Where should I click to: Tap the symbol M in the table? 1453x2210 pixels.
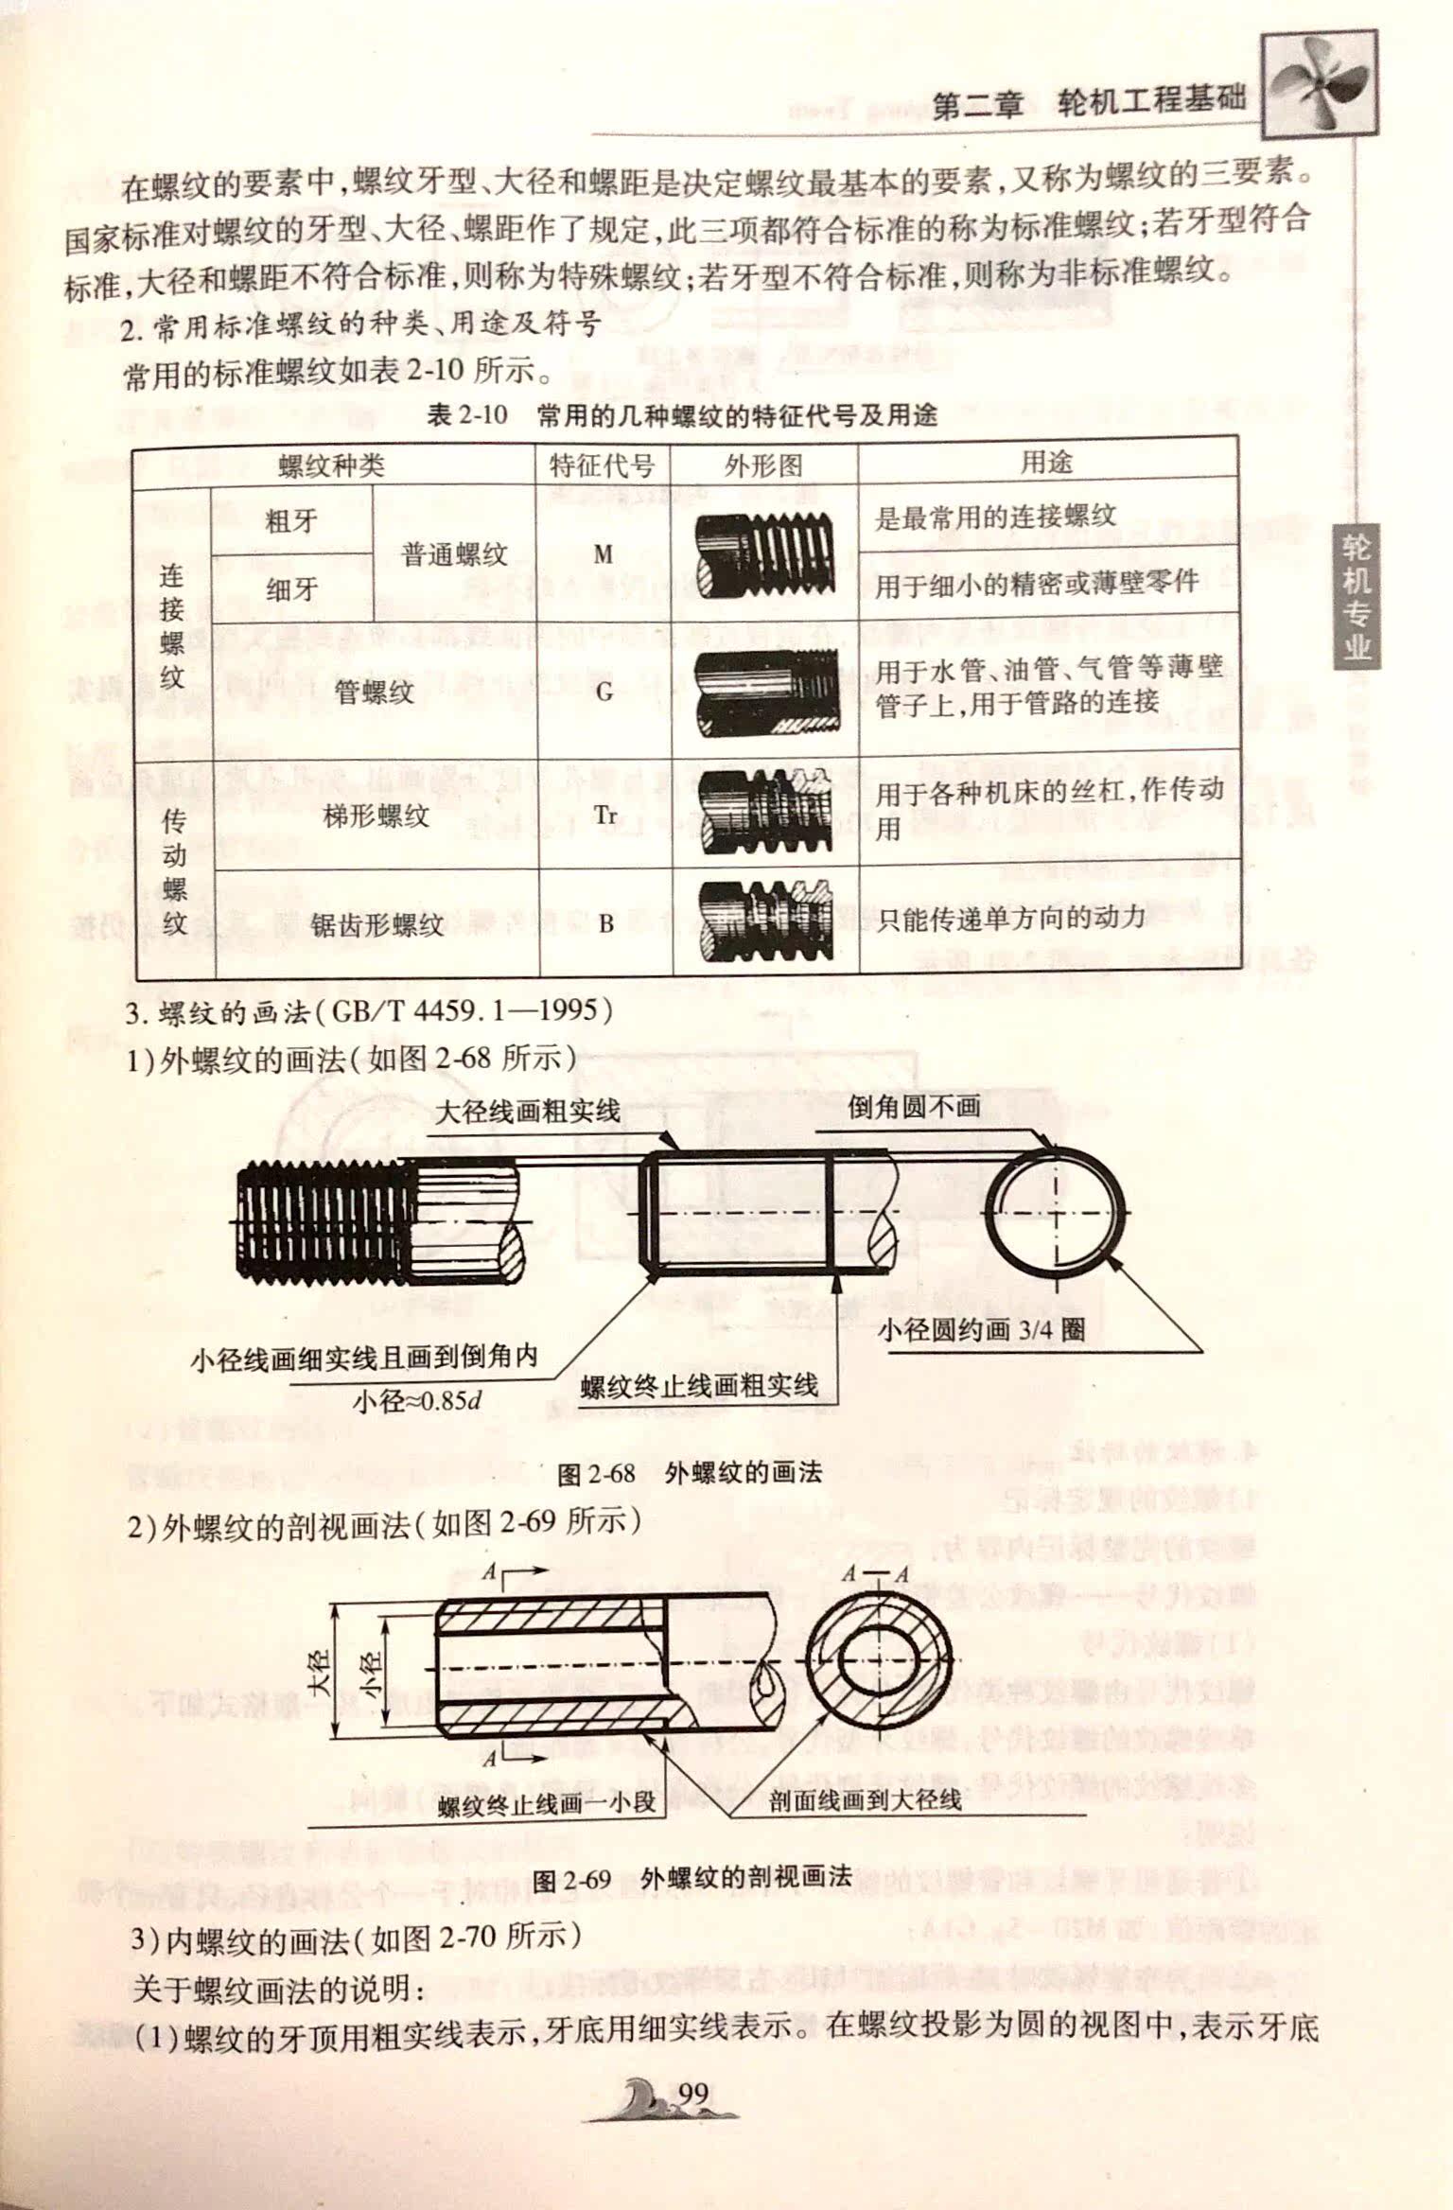[x=603, y=554]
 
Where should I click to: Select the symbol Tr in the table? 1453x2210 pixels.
[x=605, y=815]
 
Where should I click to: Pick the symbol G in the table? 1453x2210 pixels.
[x=604, y=692]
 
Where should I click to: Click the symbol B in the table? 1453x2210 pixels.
[x=605, y=923]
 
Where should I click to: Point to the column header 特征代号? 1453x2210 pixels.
[x=602, y=465]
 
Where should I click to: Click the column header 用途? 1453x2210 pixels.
[x=1046, y=463]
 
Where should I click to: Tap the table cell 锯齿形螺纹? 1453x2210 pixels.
[x=376, y=924]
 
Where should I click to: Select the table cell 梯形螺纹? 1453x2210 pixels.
[x=376, y=816]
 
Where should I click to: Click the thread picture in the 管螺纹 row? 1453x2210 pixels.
[x=765, y=692]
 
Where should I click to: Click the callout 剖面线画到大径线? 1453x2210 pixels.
[x=865, y=1798]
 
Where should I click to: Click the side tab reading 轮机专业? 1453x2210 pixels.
[x=1356, y=596]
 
